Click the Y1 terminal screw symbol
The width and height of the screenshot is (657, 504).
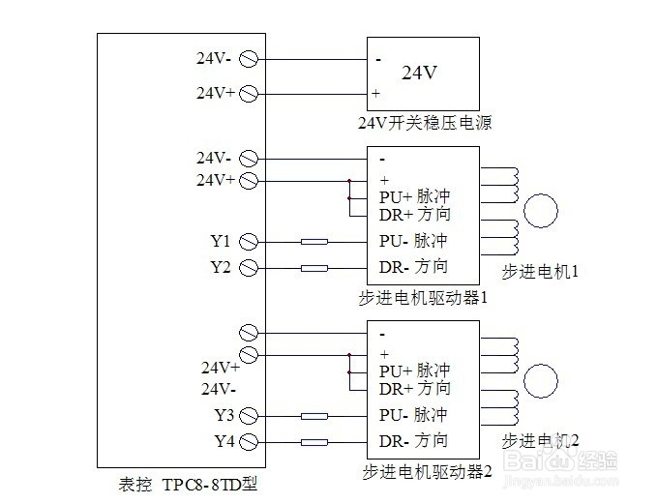click(x=248, y=241)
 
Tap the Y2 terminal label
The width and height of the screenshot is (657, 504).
click(x=220, y=267)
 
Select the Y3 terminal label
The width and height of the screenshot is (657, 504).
click(x=224, y=416)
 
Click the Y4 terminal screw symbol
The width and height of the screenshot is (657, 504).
click(x=248, y=442)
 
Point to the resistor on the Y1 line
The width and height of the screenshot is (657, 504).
click(x=314, y=242)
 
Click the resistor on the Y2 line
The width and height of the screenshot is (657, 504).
click(x=314, y=268)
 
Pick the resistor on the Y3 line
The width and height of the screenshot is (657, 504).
click(x=314, y=417)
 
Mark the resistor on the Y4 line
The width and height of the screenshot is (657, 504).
click(x=314, y=443)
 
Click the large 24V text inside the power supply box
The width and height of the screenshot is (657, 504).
click(x=420, y=73)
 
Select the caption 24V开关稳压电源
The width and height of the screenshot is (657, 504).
click(x=424, y=123)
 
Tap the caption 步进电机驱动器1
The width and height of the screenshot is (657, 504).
click(x=423, y=297)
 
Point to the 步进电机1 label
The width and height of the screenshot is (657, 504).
click(x=540, y=272)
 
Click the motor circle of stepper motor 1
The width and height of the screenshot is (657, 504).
click(x=542, y=211)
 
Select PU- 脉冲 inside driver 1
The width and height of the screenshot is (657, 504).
click(x=414, y=241)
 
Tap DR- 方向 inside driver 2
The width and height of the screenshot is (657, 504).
click(x=413, y=441)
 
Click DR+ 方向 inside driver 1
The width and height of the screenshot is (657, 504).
click(x=414, y=214)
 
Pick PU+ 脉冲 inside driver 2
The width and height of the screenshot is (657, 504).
click(x=414, y=371)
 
